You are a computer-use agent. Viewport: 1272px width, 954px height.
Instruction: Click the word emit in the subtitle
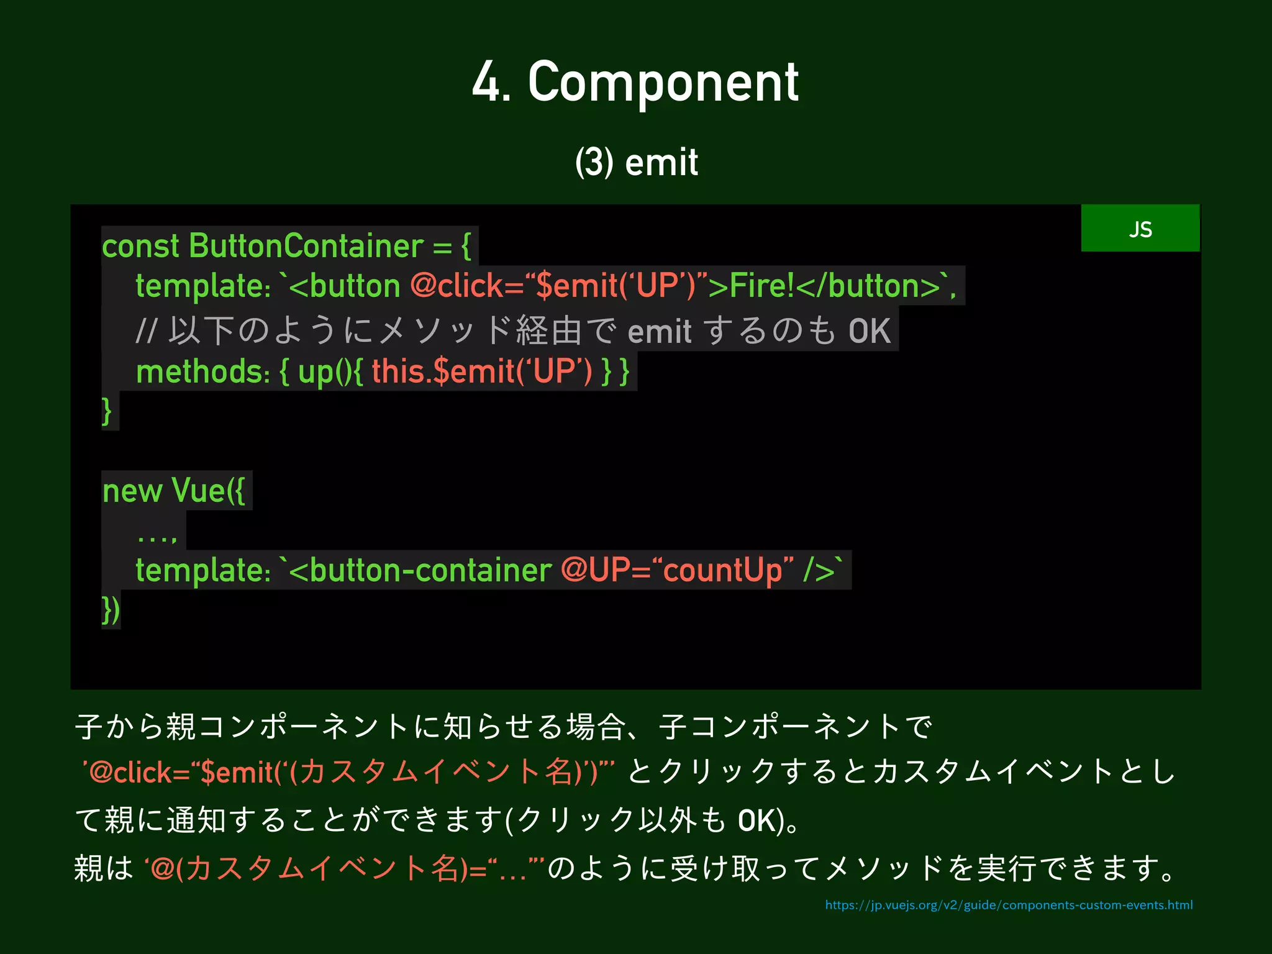coord(661,163)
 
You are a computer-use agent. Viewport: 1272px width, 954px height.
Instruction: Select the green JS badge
coord(1140,229)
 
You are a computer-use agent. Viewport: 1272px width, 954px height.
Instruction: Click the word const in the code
coord(140,246)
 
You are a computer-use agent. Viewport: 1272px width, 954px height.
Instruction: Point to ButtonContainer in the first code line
coord(306,246)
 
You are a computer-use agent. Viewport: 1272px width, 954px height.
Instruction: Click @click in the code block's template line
coord(456,286)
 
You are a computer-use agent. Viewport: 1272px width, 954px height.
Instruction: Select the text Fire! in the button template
coord(761,286)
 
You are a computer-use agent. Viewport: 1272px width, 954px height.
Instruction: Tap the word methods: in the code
coord(203,371)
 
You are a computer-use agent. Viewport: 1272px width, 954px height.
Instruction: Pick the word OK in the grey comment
coord(870,330)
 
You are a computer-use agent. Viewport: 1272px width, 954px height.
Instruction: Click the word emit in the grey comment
coord(659,330)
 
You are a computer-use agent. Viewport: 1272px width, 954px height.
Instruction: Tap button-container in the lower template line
coord(430,570)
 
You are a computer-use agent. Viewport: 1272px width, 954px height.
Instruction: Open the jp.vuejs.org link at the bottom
coord(1009,905)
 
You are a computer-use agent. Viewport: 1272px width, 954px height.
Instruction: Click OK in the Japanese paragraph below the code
coord(756,820)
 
